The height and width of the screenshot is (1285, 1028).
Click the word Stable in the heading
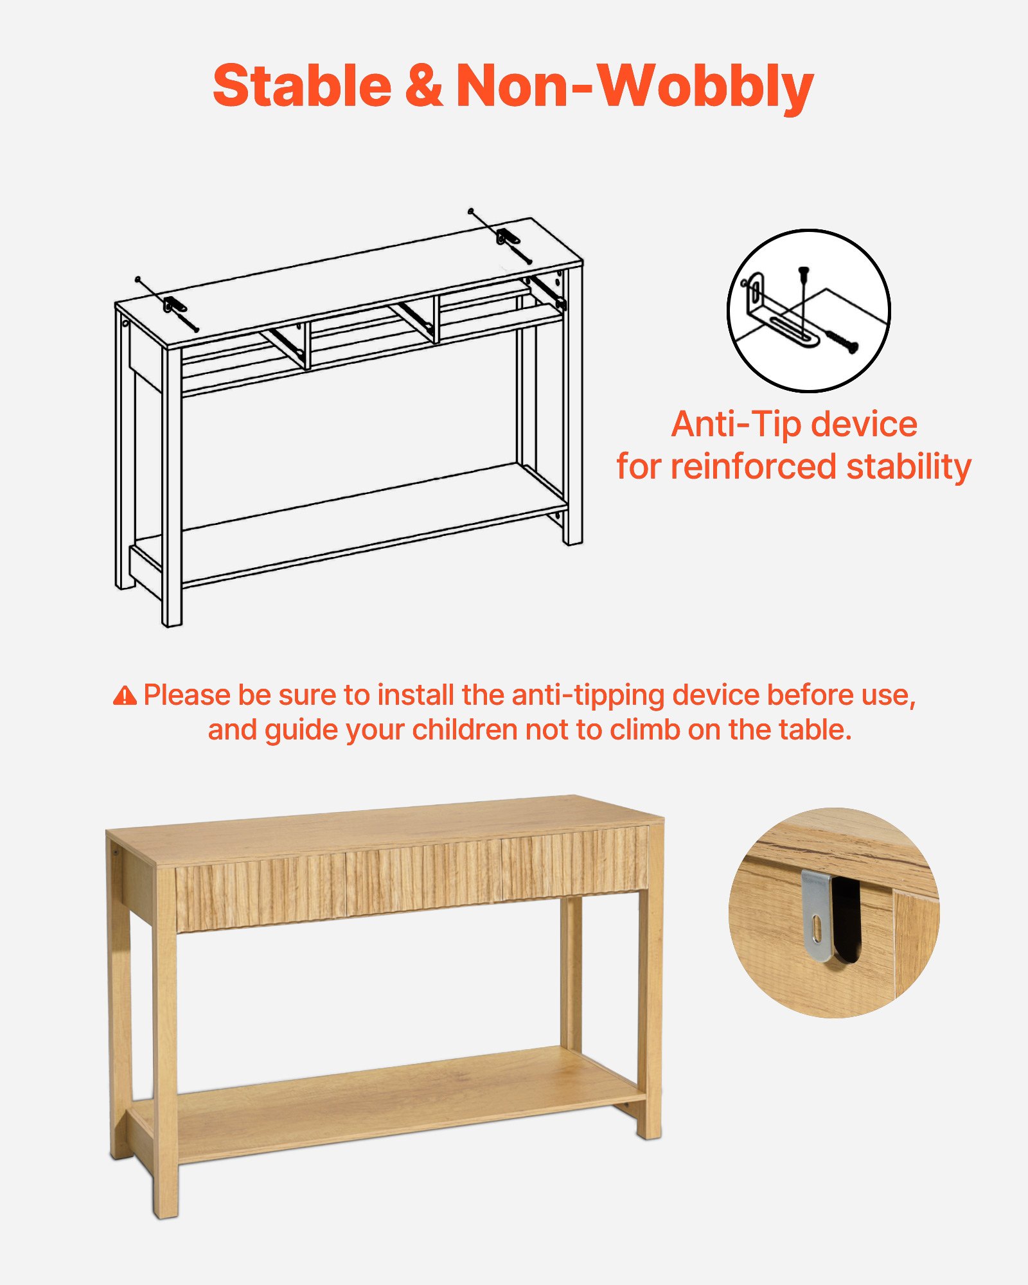tap(302, 87)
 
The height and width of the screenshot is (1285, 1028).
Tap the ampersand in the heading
tap(423, 87)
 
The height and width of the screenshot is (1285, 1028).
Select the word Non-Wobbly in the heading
tap(634, 87)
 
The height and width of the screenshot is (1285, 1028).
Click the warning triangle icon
tap(125, 695)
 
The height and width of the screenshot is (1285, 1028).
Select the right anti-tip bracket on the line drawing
tap(508, 236)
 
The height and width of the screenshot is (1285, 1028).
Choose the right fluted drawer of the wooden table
tap(574, 861)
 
